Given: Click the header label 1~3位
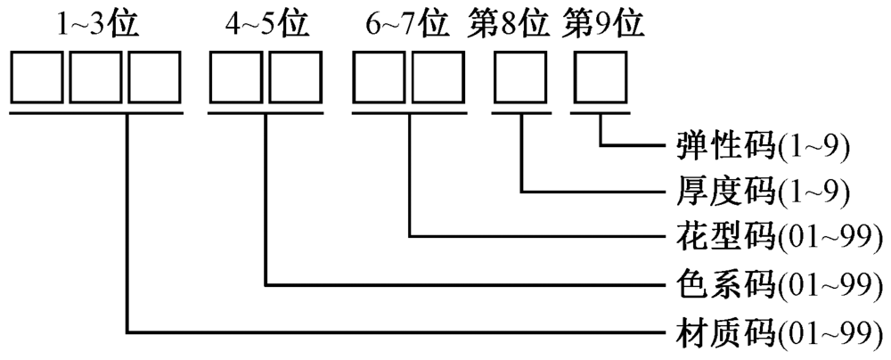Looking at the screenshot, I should click(98, 24).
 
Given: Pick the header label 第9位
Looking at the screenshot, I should click(602, 24).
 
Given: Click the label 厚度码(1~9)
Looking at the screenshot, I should click(760, 191).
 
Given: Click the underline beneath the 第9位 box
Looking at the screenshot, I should click(601, 112).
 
